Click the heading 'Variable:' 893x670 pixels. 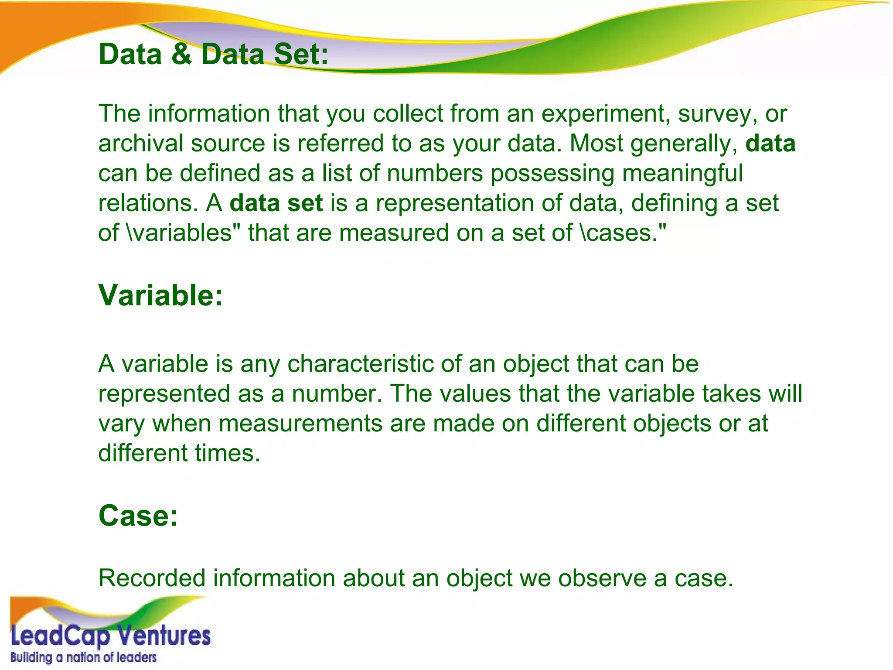[x=160, y=296]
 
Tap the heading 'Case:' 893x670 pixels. [x=138, y=516]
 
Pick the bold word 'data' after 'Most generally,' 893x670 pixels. [x=770, y=144]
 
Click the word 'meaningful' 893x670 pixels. [x=682, y=174]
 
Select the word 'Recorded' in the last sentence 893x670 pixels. [x=152, y=578]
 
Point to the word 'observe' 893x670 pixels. [x=602, y=578]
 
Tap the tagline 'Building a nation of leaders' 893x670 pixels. [x=83, y=657]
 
